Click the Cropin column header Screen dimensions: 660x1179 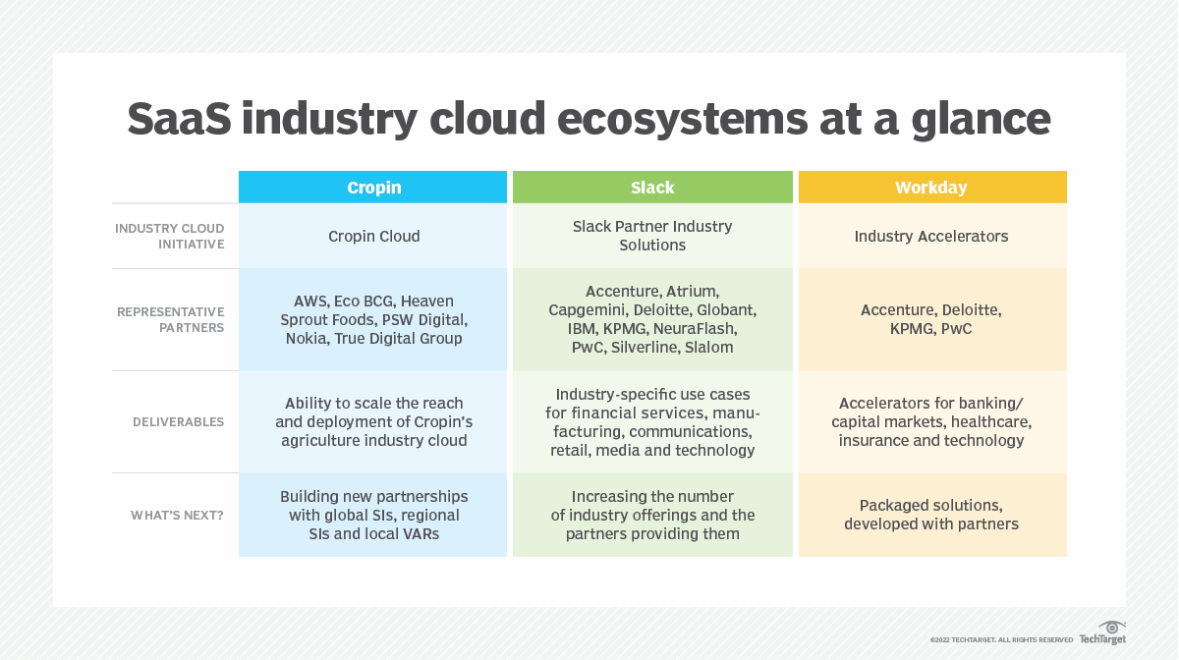pos(373,188)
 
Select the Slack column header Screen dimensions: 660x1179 pos(652,188)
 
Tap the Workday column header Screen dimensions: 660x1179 pos(931,188)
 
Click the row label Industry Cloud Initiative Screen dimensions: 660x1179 pos(169,236)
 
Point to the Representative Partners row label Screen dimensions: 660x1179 pos(171,319)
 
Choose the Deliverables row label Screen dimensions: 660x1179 pos(179,421)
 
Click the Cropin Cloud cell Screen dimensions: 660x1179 pos(373,236)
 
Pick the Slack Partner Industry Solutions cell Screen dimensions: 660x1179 pos(652,236)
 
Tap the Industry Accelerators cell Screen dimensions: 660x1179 pos(931,236)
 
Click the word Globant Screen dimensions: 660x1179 pos(726,309)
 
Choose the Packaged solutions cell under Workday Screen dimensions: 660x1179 pos(931,515)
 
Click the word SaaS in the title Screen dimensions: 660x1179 pos(176,119)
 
